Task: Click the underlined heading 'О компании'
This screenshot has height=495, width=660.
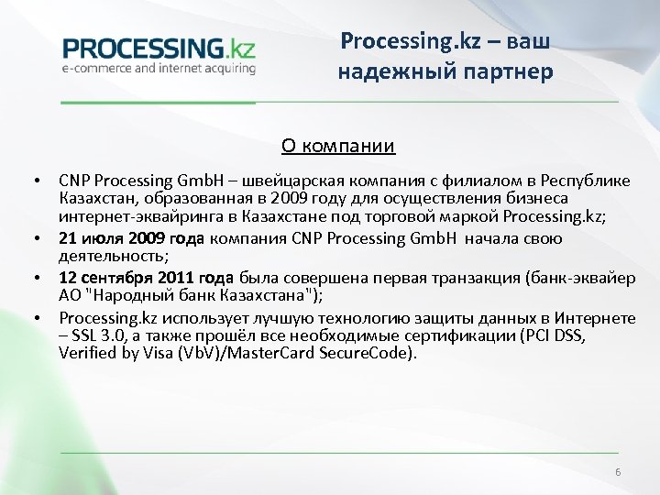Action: [x=337, y=145]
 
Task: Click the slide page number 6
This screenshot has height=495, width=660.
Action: [x=618, y=471]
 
